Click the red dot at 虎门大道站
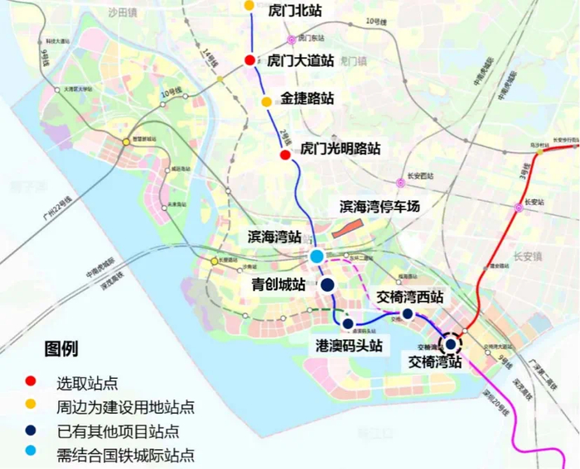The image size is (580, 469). [249, 60]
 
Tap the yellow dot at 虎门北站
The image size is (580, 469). [249, 5]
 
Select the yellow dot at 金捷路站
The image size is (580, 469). [266, 102]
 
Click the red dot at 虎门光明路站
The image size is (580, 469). [285, 155]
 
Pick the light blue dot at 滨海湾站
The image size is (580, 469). [317, 256]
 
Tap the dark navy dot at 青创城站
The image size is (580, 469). [327, 285]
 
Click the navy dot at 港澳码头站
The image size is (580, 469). [348, 324]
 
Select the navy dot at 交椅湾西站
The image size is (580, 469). [408, 313]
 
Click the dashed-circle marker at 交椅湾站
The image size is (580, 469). [451, 343]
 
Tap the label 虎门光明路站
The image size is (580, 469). [340, 149]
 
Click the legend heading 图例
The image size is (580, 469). [61, 349]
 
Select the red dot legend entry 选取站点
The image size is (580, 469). [31, 382]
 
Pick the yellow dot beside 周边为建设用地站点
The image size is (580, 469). [31, 406]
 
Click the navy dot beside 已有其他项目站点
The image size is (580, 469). [31, 430]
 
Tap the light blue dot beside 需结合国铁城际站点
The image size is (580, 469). [31, 454]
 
